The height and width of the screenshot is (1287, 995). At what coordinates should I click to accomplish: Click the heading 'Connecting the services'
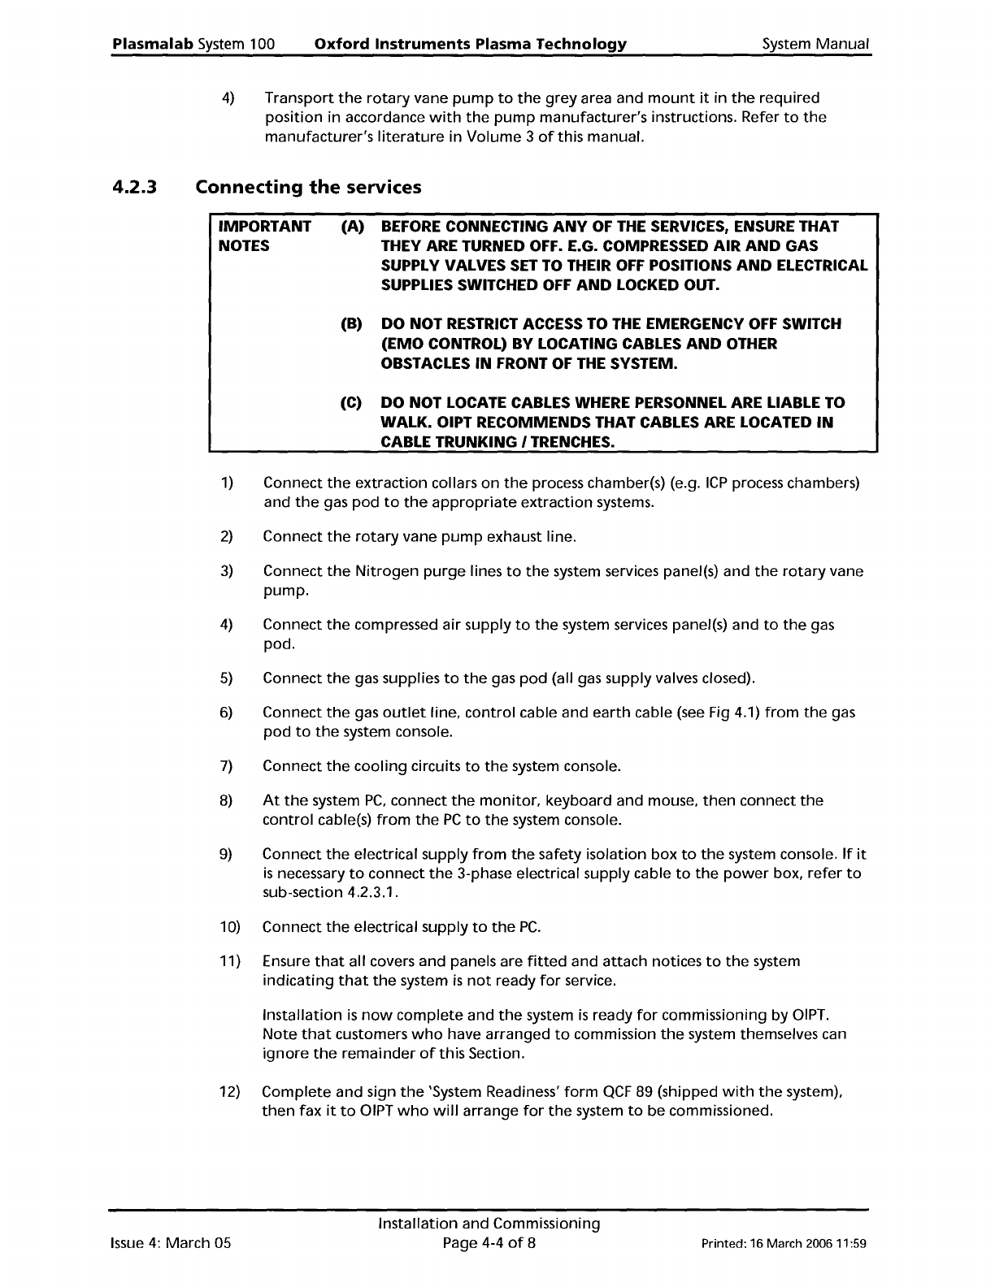[x=309, y=188]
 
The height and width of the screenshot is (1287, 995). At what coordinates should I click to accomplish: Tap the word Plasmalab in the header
[x=153, y=44]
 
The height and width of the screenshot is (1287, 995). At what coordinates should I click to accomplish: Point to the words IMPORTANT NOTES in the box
[x=264, y=236]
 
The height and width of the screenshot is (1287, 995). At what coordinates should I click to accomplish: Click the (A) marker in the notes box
[x=351, y=227]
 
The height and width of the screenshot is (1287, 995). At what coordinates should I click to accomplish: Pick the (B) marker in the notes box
[x=351, y=324]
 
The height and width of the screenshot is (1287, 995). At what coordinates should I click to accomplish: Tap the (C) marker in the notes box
[x=351, y=403]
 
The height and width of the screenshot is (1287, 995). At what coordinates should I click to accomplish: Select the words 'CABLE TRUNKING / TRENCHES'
[x=497, y=442]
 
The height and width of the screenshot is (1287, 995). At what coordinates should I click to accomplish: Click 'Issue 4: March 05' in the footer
[x=171, y=1243]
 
